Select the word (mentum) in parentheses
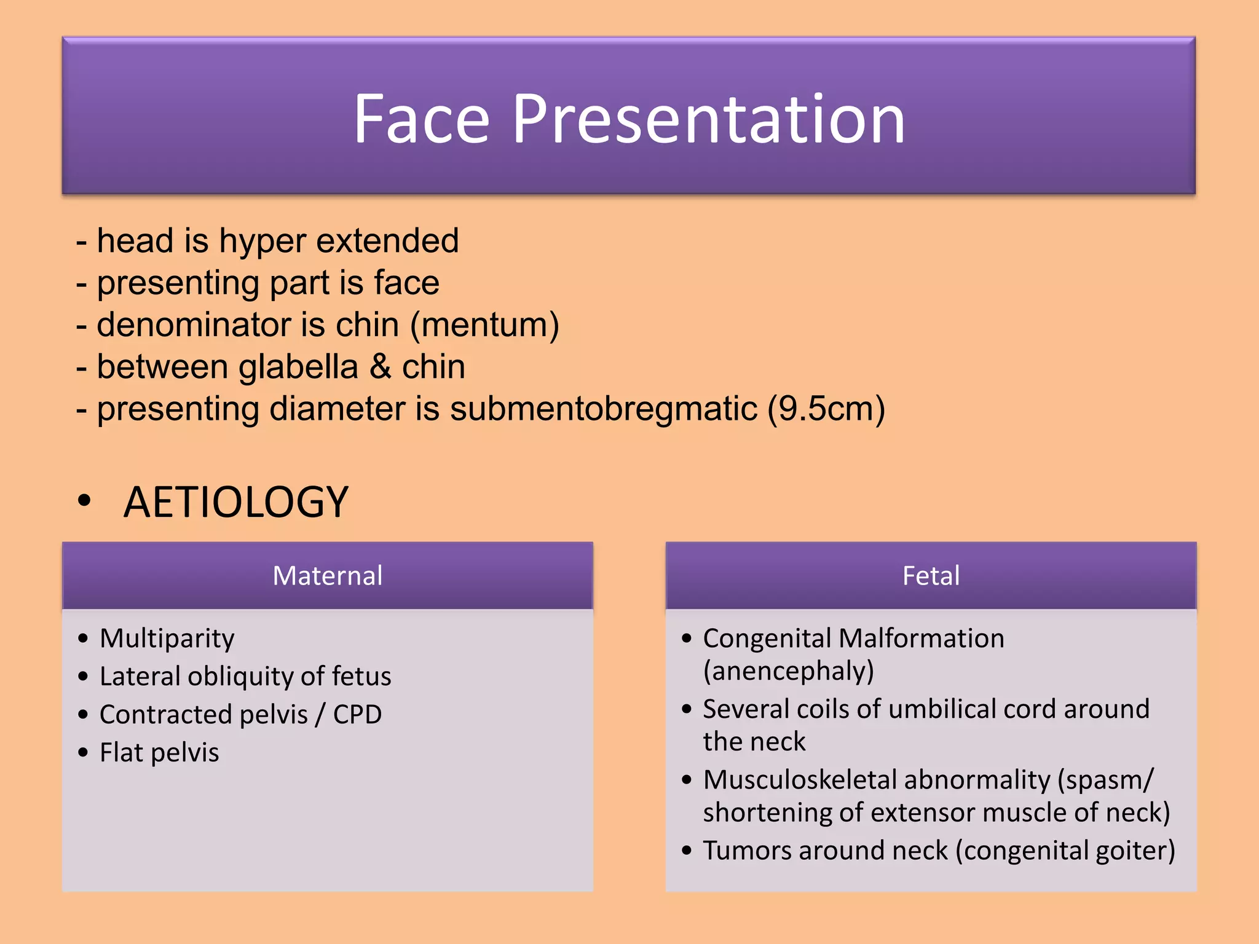(x=484, y=324)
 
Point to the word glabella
(x=298, y=367)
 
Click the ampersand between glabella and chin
(x=381, y=367)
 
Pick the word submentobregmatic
(x=604, y=409)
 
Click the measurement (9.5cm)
(x=826, y=409)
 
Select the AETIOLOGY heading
(x=236, y=502)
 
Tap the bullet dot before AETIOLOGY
(x=84, y=500)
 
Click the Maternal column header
(x=327, y=576)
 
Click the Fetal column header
(x=931, y=576)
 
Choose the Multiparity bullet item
(x=167, y=639)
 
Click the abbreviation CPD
(x=357, y=715)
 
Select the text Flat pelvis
(x=159, y=753)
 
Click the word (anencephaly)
(x=788, y=671)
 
